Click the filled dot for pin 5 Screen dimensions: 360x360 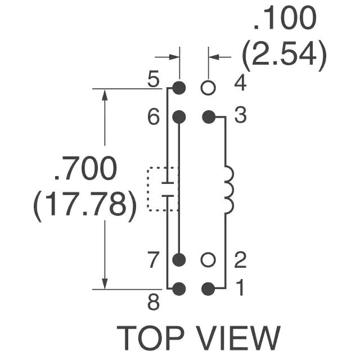click(x=179, y=88)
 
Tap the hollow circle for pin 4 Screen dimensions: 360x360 click(x=208, y=88)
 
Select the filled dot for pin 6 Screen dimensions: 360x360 click(x=179, y=117)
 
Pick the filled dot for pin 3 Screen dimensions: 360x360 click(x=208, y=117)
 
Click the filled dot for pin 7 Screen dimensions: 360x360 click(x=179, y=260)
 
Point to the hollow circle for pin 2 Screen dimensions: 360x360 click(x=208, y=260)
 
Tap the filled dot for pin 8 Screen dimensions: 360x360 click(x=179, y=289)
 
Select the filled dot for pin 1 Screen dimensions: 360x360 click(x=208, y=289)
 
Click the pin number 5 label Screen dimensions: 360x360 click(x=153, y=79)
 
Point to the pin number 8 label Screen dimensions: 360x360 click(x=153, y=302)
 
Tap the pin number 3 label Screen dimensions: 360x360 click(x=240, y=115)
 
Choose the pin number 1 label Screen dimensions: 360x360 click(x=240, y=287)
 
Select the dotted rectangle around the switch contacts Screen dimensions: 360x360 click(x=148, y=189)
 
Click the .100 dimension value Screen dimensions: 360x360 click(x=285, y=18)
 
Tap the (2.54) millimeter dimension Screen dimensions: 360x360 click(x=284, y=56)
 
